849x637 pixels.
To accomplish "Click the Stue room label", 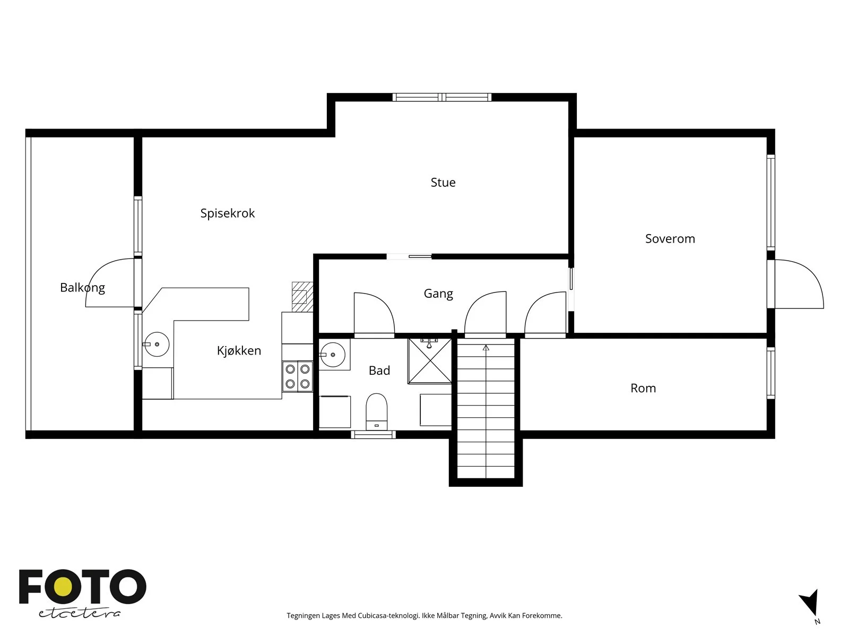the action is [x=443, y=182].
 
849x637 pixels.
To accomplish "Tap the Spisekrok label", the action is [x=228, y=213].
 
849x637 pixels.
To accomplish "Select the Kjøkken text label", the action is [x=239, y=350].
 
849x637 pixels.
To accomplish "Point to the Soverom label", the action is [x=670, y=239].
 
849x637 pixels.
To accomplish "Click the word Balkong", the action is [x=82, y=288].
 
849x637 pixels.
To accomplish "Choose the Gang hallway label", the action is [x=438, y=294].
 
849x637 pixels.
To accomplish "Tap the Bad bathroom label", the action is [x=379, y=371].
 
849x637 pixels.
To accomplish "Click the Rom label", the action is [x=643, y=388].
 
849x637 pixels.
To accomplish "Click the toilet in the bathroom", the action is [x=376, y=411].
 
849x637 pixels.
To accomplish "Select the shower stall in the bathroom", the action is [x=430, y=361].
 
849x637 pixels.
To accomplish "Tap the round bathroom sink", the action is [x=333, y=355].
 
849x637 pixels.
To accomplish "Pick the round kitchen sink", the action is [x=157, y=344].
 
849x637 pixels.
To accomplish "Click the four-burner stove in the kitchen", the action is [x=298, y=376].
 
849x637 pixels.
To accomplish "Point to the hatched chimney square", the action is [x=302, y=297].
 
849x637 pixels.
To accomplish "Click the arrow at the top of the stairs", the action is [x=486, y=348].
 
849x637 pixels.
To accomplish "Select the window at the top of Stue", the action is [x=441, y=97].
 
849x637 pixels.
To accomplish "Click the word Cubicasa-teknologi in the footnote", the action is [x=389, y=615].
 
